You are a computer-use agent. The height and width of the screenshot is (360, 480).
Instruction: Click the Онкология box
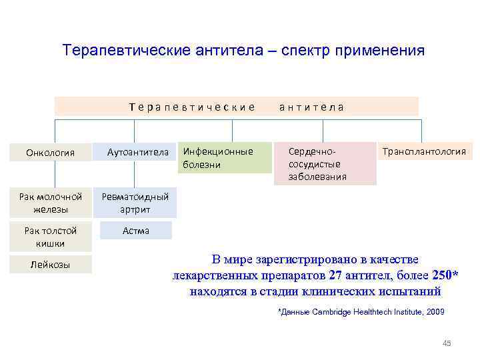(51, 153)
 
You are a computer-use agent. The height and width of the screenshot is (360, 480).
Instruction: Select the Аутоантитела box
(138, 153)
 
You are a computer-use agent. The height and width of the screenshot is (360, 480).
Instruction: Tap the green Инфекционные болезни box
(224, 158)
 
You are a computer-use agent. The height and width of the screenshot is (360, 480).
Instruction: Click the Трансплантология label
(423, 152)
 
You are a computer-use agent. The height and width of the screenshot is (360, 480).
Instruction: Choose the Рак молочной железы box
(51, 203)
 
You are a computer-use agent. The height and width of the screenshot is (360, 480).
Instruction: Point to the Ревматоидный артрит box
(135, 203)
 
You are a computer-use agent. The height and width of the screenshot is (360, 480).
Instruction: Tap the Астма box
(135, 231)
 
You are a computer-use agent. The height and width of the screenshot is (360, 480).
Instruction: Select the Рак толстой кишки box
(51, 237)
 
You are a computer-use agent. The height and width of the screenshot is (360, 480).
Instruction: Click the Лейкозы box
(51, 265)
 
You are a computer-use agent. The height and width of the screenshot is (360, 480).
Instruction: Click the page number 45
(447, 343)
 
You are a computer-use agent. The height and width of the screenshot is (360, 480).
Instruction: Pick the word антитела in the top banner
(311, 107)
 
